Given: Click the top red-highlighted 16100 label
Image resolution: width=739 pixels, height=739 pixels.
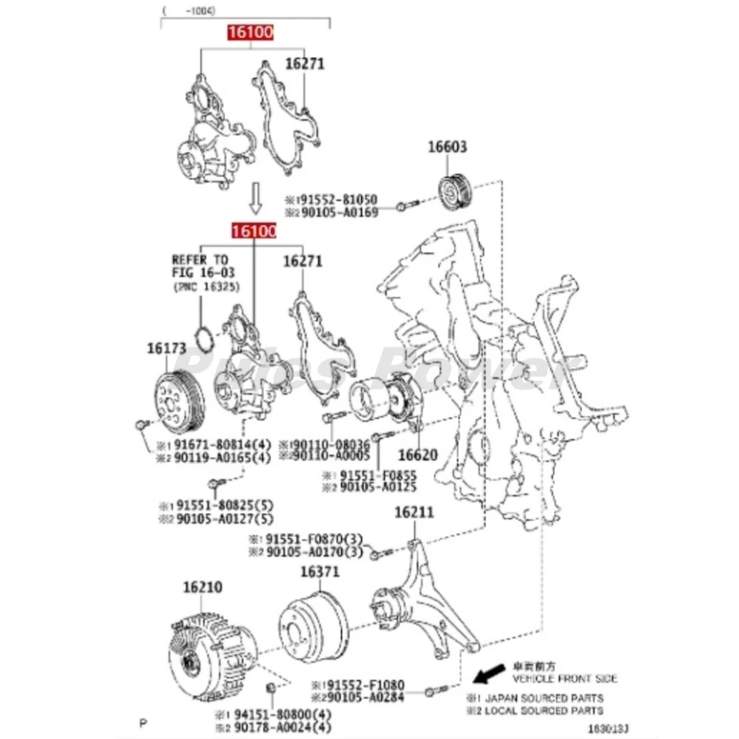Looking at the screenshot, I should (249, 32).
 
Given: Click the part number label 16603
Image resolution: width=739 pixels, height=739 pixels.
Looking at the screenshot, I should (448, 147).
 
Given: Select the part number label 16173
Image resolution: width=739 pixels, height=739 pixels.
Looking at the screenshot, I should (166, 349).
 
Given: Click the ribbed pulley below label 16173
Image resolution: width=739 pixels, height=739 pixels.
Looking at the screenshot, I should (177, 399).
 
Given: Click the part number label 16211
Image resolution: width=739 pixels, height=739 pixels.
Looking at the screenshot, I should (414, 512).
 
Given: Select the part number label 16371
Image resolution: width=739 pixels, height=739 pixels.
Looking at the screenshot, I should (319, 572).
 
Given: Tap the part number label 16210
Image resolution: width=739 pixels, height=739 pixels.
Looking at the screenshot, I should (202, 587).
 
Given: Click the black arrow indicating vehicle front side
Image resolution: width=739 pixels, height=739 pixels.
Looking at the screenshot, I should (487, 675).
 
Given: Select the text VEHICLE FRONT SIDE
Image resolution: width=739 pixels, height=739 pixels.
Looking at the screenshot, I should (564, 679).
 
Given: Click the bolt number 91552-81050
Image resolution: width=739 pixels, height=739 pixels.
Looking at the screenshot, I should (337, 198).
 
